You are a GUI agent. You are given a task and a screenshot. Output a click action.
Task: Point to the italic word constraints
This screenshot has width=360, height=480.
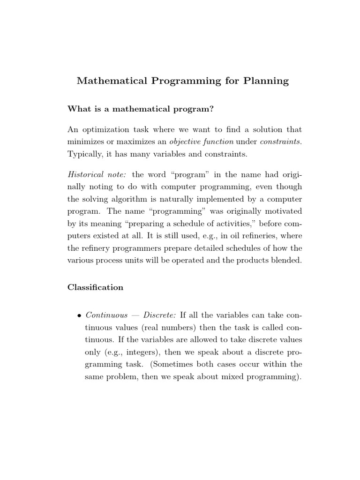pyautogui.click(x=281, y=142)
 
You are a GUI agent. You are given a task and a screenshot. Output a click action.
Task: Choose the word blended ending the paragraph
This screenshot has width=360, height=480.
pyautogui.click(x=286, y=260)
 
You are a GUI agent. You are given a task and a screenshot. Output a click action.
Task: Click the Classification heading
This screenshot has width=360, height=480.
pyautogui.click(x=96, y=287)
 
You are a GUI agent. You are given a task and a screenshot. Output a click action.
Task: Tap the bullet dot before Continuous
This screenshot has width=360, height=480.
pyautogui.click(x=79, y=315)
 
